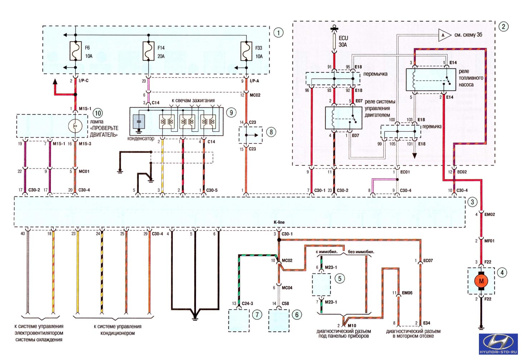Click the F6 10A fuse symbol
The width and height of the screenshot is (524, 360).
75,51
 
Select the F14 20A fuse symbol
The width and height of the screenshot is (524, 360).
148,51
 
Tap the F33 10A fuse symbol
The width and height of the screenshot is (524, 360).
246,51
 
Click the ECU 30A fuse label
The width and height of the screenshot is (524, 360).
343,42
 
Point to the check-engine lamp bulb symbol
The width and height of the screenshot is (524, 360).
75,126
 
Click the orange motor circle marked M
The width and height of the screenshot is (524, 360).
481,281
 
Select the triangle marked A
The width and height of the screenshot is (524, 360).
444,35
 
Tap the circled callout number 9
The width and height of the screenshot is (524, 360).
231,113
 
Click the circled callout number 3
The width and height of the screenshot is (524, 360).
472,202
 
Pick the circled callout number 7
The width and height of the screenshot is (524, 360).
257,315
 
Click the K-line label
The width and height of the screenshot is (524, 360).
279,222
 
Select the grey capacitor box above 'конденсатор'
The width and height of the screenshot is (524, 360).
139,121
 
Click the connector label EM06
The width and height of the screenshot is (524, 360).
407,293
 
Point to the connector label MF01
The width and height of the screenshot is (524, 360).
489,241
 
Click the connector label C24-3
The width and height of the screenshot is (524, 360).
247,303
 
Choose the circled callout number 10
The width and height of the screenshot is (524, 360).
98,113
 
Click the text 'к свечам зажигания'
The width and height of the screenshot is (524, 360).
193,101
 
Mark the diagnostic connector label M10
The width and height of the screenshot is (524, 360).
352,326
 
